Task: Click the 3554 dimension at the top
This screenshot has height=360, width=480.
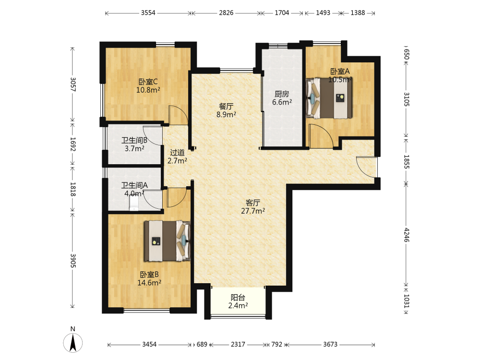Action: click(148, 13)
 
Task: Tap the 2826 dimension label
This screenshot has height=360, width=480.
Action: click(226, 13)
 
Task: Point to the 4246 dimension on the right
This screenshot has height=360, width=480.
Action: click(406, 235)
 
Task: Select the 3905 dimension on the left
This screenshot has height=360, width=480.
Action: click(73, 261)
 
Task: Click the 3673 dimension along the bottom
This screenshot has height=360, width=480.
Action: click(330, 344)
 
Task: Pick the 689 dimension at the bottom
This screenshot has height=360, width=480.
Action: click(202, 344)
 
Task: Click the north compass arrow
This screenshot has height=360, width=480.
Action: click(73, 342)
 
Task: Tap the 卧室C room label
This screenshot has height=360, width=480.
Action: click(148, 82)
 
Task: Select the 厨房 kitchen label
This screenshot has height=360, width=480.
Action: click(282, 94)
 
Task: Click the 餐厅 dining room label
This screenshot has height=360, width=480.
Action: click(226, 106)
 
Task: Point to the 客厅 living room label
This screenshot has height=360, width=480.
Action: click(253, 203)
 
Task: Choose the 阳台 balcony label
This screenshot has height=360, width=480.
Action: click(238, 297)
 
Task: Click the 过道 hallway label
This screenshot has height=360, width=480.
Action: click(177, 153)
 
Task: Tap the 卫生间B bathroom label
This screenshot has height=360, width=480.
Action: click(134, 141)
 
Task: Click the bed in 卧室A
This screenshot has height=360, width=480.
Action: click(329, 98)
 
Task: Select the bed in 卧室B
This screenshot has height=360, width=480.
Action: click(168, 241)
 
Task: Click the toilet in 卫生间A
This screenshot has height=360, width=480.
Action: click(134, 203)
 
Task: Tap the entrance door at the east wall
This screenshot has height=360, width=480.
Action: click(366, 167)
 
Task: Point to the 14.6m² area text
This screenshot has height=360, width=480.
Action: click(149, 283)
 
